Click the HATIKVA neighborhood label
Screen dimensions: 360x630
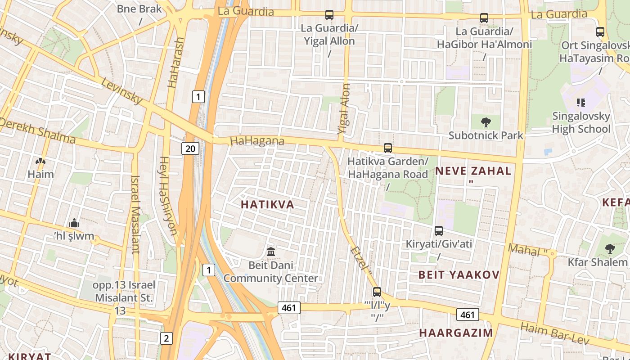pyautogui.click(x=267, y=205)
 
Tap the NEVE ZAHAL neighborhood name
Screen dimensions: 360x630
pyautogui.click(x=473, y=171)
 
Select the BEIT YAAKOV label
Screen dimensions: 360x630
pyautogui.click(x=459, y=275)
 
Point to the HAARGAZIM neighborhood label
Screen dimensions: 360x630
pyautogui.click(x=456, y=333)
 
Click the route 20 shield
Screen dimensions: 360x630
pyautogui.click(x=190, y=148)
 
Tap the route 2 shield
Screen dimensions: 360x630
pyautogui.click(x=166, y=338)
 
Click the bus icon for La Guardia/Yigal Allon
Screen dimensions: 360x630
pyautogui.click(x=329, y=15)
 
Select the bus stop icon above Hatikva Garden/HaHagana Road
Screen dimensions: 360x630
pyautogui.click(x=388, y=148)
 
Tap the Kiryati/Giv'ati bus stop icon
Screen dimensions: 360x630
pyautogui.click(x=439, y=231)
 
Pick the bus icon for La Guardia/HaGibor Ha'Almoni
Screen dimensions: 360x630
pyautogui.click(x=484, y=18)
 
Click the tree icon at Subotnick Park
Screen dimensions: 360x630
pyautogui.click(x=486, y=121)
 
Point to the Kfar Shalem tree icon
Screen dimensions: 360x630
pyautogui.click(x=610, y=248)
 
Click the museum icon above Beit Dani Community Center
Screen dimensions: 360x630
pyautogui.click(x=271, y=252)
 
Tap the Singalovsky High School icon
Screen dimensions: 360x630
pyautogui.click(x=580, y=103)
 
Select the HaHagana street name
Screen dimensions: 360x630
pyautogui.click(x=257, y=141)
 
